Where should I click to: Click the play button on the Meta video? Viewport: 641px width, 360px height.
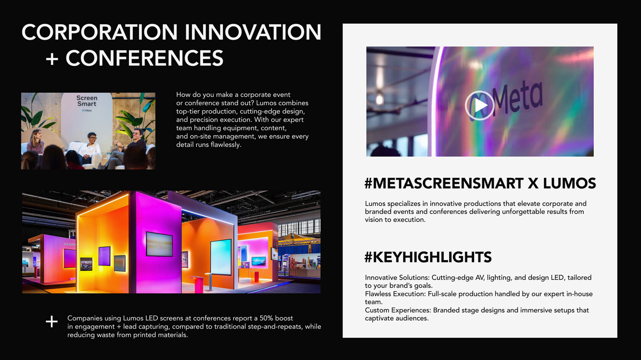coord(479,106)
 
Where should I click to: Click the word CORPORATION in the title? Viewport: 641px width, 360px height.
coord(100,32)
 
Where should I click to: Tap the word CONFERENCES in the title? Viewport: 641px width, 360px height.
coord(145,58)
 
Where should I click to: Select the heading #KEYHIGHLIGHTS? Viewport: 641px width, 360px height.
coord(428,257)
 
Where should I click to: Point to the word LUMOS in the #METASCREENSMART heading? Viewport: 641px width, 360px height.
coord(569,183)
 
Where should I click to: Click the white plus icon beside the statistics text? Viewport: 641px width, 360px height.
coord(52,322)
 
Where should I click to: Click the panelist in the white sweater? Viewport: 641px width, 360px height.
coord(89,149)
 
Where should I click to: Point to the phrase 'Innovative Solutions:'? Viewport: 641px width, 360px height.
coord(397,278)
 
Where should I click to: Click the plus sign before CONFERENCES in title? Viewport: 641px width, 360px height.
coord(52,59)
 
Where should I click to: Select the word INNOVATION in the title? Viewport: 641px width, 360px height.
coord(253,32)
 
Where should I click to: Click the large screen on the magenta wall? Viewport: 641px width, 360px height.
coord(159,244)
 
